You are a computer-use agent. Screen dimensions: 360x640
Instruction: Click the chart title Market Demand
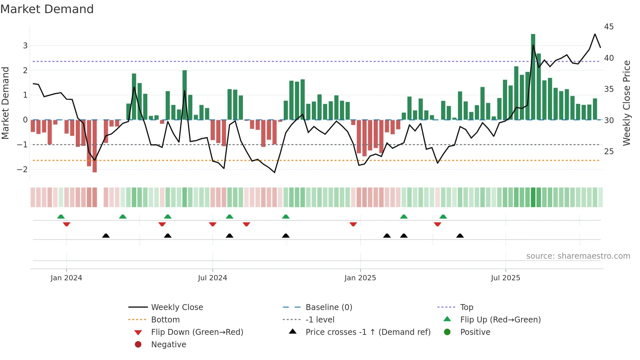click(x=47, y=9)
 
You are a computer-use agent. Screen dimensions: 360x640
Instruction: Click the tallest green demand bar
click(x=533, y=77)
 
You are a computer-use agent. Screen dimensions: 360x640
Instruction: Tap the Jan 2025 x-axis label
click(x=360, y=278)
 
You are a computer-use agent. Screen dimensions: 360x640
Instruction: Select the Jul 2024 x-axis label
click(x=212, y=278)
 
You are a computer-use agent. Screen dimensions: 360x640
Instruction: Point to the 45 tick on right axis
click(x=609, y=27)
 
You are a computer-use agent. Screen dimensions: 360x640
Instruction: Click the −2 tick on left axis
click(x=23, y=169)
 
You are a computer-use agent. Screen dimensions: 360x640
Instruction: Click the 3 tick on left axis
click(x=25, y=46)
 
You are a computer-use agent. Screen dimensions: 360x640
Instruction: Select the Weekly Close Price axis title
click(x=626, y=103)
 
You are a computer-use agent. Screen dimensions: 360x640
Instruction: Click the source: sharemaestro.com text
click(x=578, y=256)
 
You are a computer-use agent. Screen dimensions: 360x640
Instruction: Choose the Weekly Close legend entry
click(x=177, y=307)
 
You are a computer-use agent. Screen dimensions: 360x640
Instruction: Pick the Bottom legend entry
click(x=165, y=320)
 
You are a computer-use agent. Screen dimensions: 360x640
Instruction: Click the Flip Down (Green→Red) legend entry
click(x=197, y=332)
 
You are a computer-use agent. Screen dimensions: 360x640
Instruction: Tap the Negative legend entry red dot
click(x=138, y=345)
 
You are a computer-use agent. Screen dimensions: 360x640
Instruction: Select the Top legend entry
click(x=466, y=307)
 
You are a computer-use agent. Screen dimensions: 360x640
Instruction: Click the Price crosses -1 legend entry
click(x=368, y=332)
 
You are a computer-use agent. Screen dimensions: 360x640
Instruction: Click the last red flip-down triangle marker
click(x=438, y=224)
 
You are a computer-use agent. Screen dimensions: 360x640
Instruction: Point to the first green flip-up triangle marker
click(x=61, y=217)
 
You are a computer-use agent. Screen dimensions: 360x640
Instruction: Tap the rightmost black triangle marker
click(x=460, y=236)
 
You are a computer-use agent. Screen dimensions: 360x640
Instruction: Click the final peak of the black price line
click(x=595, y=34)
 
